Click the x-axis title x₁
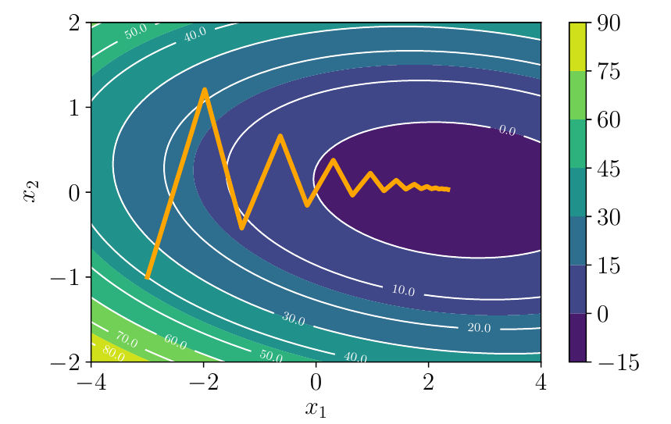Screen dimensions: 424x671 tap(316, 408)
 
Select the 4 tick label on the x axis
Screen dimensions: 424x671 tap(541, 383)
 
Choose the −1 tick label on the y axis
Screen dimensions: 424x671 tap(64, 277)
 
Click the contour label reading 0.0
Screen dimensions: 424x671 tap(507, 130)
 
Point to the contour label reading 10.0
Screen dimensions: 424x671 tap(403, 290)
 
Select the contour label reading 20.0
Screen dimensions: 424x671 tap(479, 328)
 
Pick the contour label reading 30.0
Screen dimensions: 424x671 tap(292, 319)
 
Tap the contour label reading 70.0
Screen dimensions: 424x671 tap(126, 341)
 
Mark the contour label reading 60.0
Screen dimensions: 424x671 tap(176, 341)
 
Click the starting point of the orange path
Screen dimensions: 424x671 tap(147, 277)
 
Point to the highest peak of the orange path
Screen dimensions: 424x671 tap(204, 90)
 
